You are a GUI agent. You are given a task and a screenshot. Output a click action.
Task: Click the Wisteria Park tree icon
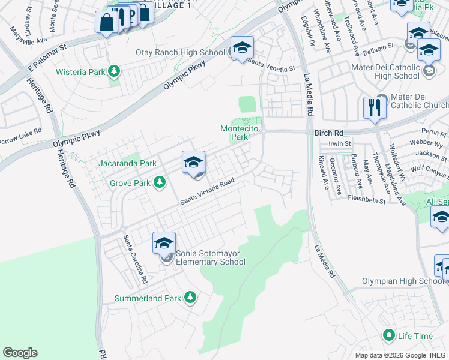point(113,73)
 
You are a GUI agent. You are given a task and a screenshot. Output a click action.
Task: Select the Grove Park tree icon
point(159,181)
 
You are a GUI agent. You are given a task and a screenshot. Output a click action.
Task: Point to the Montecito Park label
point(239,133)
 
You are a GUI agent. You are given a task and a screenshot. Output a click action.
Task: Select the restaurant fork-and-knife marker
point(375,109)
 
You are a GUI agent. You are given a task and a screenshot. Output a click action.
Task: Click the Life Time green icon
point(389,335)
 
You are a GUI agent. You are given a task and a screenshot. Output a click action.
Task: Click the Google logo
point(20,353)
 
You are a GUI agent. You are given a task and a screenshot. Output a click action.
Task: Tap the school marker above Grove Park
point(193,163)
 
